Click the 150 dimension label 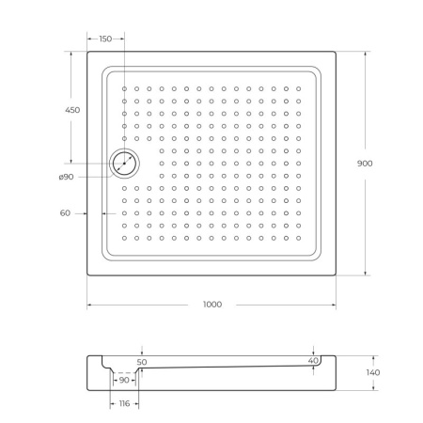(x=105, y=39)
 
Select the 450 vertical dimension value (x=72, y=110)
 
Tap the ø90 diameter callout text (x=65, y=177)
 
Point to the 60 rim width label (x=65, y=213)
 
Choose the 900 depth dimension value (x=365, y=164)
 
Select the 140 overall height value (x=373, y=373)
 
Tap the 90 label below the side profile (x=124, y=381)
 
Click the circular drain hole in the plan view (x=124, y=164)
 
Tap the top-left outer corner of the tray (x=87, y=52)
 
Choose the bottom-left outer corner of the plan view (x=87, y=275)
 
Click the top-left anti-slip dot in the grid (x=124, y=89)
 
